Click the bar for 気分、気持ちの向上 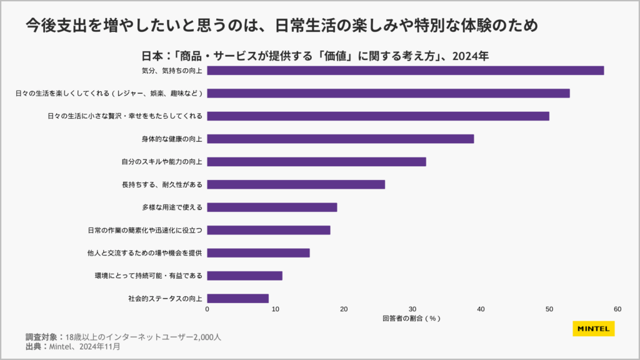(x=405, y=70)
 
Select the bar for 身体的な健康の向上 (x=340, y=139)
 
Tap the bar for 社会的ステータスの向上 (x=237, y=299)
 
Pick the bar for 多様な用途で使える (x=272, y=207)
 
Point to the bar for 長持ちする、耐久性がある (x=296, y=184)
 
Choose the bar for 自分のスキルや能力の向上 (x=316, y=161)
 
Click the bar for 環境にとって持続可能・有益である (x=244, y=276)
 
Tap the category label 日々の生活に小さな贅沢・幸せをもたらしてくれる (x=125, y=116)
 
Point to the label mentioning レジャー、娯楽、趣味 (x=109, y=93)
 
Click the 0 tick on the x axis (x=207, y=309)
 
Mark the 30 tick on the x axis (x=412, y=309)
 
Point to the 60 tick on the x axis (x=617, y=309)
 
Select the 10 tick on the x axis (x=276, y=309)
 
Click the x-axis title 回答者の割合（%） (x=412, y=319)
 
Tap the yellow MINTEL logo (x=593, y=329)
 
